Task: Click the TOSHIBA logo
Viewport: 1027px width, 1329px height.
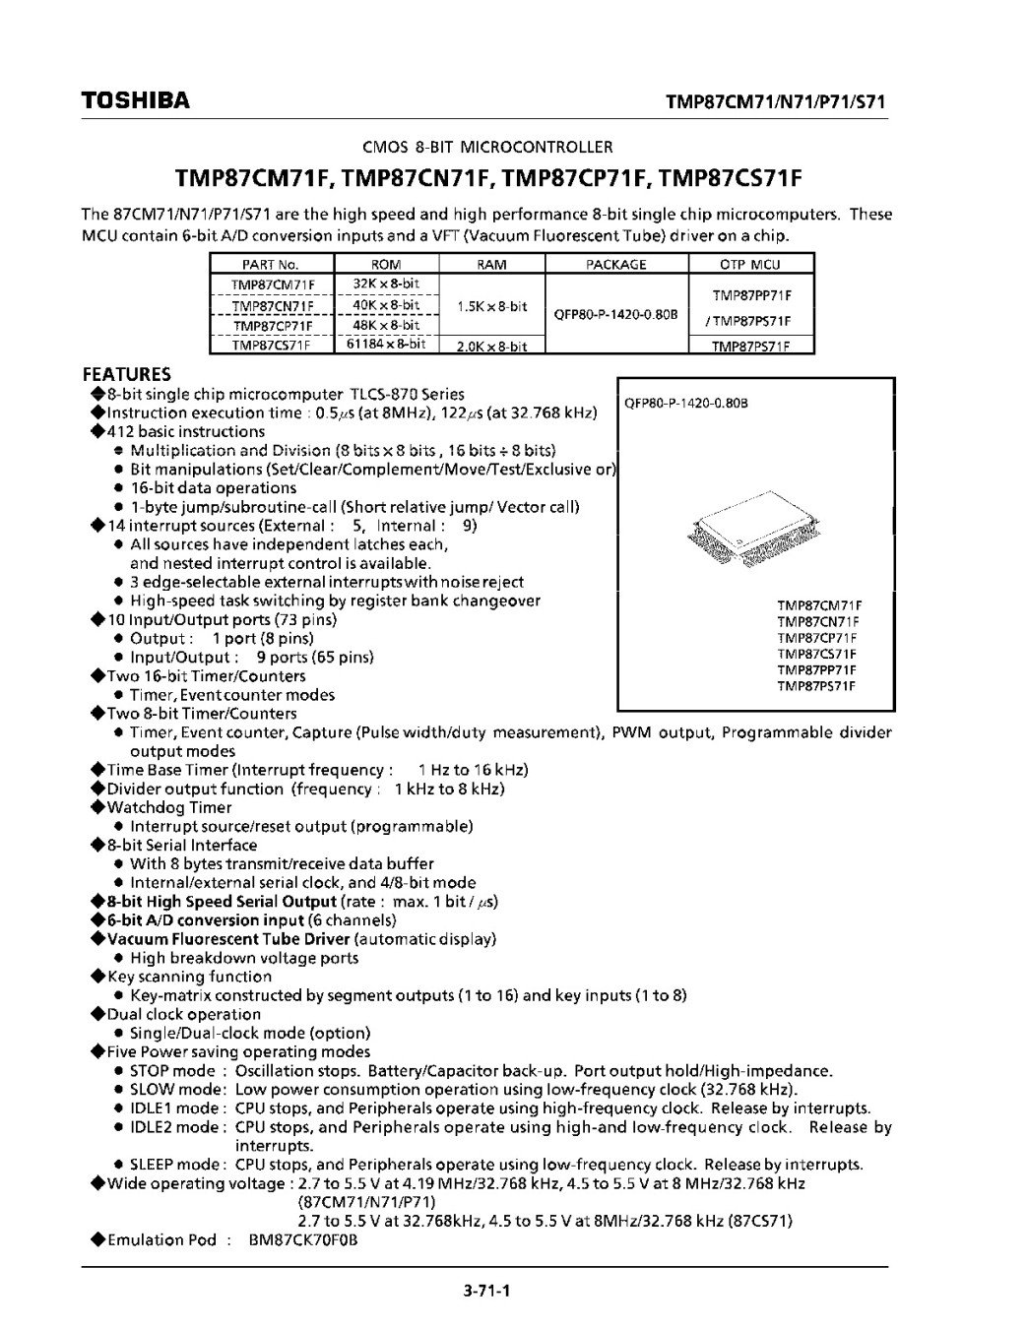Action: pyautogui.click(x=135, y=100)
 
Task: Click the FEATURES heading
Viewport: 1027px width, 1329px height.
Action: pyautogui.click(x=126, y=374)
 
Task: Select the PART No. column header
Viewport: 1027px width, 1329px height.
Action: pyautogui.click(x=271, y=264)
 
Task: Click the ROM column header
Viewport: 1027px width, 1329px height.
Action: pyautogui.click(x=386, y=264)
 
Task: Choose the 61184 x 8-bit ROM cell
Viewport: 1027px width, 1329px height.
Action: pyautogui.click(x=386, y=345)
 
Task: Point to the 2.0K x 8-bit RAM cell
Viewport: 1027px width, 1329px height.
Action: pyautogui.click(x=491, y=346)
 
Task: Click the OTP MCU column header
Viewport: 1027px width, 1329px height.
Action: pyautogui.click(x=751, y=264)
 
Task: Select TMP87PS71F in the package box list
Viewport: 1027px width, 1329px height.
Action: pyautogui.click(x=817, y=686)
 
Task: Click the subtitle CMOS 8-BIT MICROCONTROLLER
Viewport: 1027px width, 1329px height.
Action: pyautogui.click(x=487, y=148)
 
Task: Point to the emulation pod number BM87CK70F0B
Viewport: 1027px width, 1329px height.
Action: pyautogui.click(x=303, y=1239)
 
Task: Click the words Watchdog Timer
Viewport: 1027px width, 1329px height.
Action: pyautogui.click(x=168, y=807)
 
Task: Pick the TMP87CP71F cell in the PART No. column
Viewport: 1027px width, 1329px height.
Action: pyautogui.click(x=271, y=325)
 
